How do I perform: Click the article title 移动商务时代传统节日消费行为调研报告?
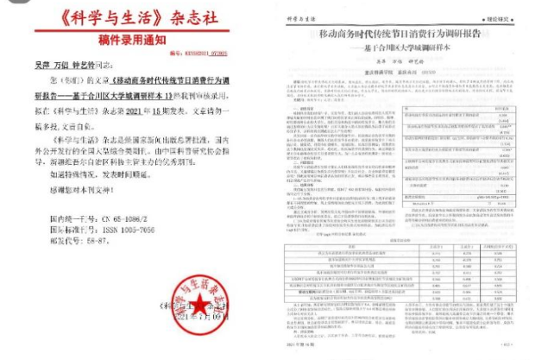[418, 40]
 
